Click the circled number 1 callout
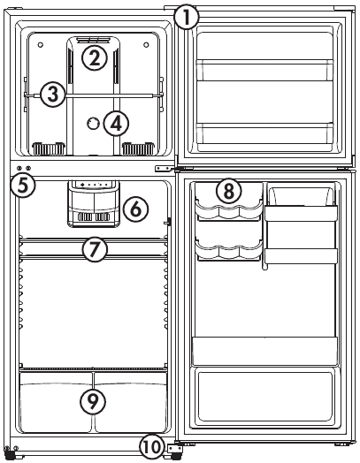click(187, 18)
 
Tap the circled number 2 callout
click(95, 58)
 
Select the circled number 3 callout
click(52, 95)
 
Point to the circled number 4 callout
click(116, 124)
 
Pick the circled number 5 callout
click(23, 186)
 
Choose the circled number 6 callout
click(135, 209)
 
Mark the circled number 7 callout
click(95, 249)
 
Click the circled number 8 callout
click(229, 191)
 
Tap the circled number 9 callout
click(93, 401)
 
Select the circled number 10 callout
click(152, 447)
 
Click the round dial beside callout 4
click(93, 123)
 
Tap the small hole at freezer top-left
click(41, 45)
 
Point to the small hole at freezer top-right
click(146, 45)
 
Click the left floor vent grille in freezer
click(49, 148)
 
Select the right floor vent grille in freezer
click(138, 148)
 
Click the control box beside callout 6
click(94, 204)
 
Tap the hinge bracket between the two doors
click(164, 168)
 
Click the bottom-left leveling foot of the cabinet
click(10, 453)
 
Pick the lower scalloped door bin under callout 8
click(229, 250)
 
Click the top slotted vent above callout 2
click(93, 40)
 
